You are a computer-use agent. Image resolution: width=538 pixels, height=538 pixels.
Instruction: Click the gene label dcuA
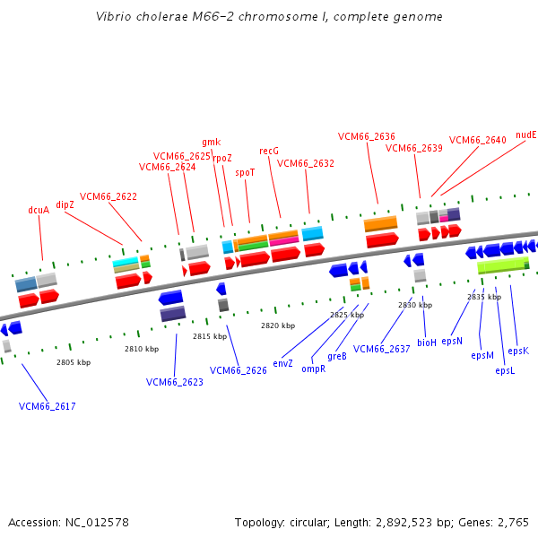39,211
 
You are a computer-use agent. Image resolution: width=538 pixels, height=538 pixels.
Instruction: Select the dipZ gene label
65,204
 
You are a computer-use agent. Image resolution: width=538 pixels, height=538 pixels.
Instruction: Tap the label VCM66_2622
108,196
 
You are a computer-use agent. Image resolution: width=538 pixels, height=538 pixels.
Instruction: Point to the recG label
269,151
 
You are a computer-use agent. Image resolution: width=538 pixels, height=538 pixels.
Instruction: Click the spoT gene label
245,172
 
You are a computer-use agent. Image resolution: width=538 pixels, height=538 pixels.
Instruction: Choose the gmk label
211,142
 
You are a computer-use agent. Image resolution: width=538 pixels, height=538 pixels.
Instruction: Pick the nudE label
526,134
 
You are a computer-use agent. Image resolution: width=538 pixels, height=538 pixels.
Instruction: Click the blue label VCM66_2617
48,406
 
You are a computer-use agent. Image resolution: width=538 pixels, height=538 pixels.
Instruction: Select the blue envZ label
283,363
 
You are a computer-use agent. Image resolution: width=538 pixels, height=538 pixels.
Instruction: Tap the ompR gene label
313,369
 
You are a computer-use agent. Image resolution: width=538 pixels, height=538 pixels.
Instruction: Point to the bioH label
427,343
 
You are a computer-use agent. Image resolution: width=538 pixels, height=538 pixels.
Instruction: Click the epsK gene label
518,351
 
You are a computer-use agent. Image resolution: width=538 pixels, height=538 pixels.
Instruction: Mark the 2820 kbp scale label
273,326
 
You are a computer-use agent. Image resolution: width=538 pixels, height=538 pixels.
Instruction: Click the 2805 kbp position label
74,362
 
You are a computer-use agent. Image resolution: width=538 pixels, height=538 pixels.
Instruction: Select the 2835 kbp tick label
484,297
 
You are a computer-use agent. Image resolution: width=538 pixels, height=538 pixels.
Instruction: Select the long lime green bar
502,265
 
